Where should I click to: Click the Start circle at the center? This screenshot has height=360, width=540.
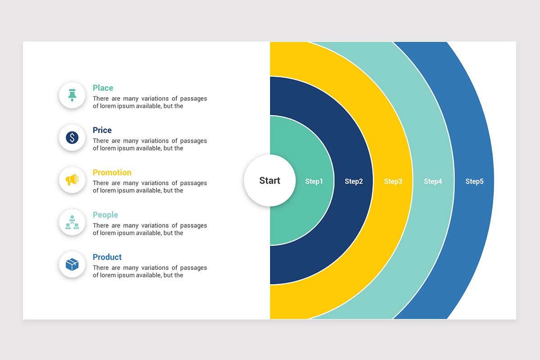point(270,180)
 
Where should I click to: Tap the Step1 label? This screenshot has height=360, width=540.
point(314,181)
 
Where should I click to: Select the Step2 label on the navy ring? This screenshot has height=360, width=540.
point(354,181)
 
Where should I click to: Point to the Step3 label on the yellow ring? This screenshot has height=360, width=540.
point(393,181)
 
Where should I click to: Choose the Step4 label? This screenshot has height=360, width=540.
point(433,181)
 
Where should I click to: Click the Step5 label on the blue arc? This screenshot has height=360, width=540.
point(474,181)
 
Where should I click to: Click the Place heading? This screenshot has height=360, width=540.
point(103,88)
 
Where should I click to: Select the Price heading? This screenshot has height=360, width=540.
point(102,130)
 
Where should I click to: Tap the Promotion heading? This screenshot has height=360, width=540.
point(112,172)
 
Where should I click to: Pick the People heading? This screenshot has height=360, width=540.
point(105,215)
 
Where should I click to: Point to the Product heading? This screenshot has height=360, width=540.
point(107,257)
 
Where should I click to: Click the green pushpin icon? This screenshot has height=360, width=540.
point(72,95)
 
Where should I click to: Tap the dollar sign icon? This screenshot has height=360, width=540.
point(72,138)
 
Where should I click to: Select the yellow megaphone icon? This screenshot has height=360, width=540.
point(72,180)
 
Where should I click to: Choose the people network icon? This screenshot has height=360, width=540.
point(72,222)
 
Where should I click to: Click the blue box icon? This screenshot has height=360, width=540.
point(72,265)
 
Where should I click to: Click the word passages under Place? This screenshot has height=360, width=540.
point(193,99)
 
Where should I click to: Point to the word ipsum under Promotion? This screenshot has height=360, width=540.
point(126,190)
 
